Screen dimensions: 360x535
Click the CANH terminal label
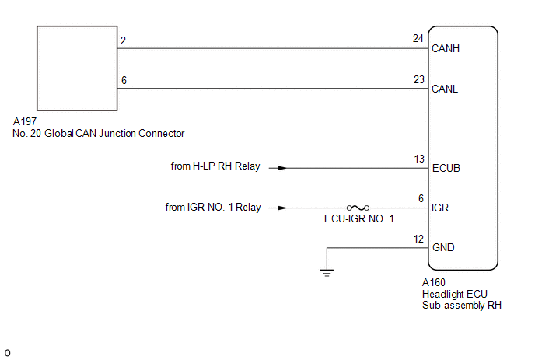click(x=446, y=48)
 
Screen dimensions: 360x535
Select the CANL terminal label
click(x=445, y=89)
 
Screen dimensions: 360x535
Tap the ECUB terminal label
click(x=446, y=168)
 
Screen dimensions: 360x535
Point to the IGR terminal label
click(x=440, y=208)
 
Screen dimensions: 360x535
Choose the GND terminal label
click(x=442, y=248)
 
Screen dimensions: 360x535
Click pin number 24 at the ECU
click(x=419, y=38)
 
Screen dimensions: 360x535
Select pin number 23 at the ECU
click(x=419, y=78)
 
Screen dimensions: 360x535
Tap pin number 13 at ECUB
click(x=419, y=158)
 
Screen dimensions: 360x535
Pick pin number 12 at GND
click(x=419, y=238)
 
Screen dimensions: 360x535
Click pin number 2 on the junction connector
click(x=123, y=38)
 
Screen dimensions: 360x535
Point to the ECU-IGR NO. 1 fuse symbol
click(x=358, y=208)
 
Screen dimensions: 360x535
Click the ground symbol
click(x=327, y=272)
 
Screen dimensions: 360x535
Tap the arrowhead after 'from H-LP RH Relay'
click(x=282, y=168)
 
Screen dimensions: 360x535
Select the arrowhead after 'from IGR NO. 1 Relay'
click(x=282, y=208)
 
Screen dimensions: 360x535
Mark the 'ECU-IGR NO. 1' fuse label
click(x=359, y=219)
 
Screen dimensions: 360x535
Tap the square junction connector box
click(x=75, y=68)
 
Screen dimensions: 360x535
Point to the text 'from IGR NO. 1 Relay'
click(x=212, y=208)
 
